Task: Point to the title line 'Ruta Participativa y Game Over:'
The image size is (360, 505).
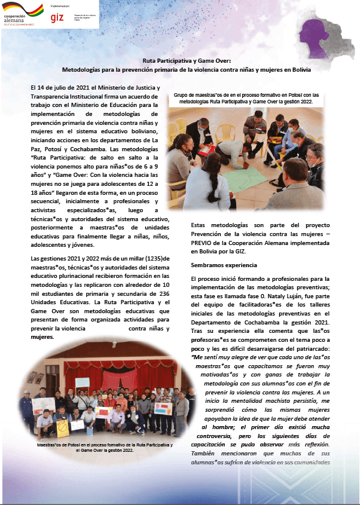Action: [x=179, y=61]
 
